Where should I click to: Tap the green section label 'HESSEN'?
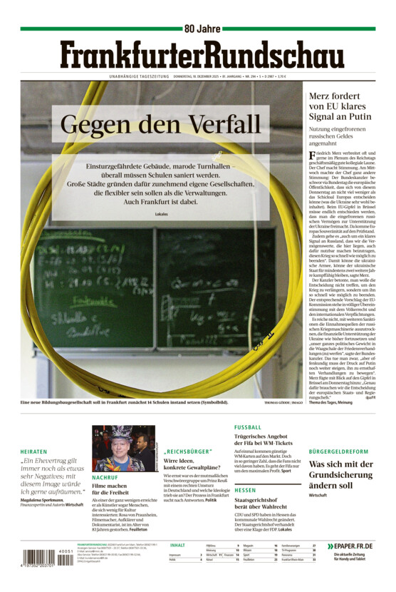(245, 491)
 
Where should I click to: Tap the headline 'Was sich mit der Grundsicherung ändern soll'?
(342, 474)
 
